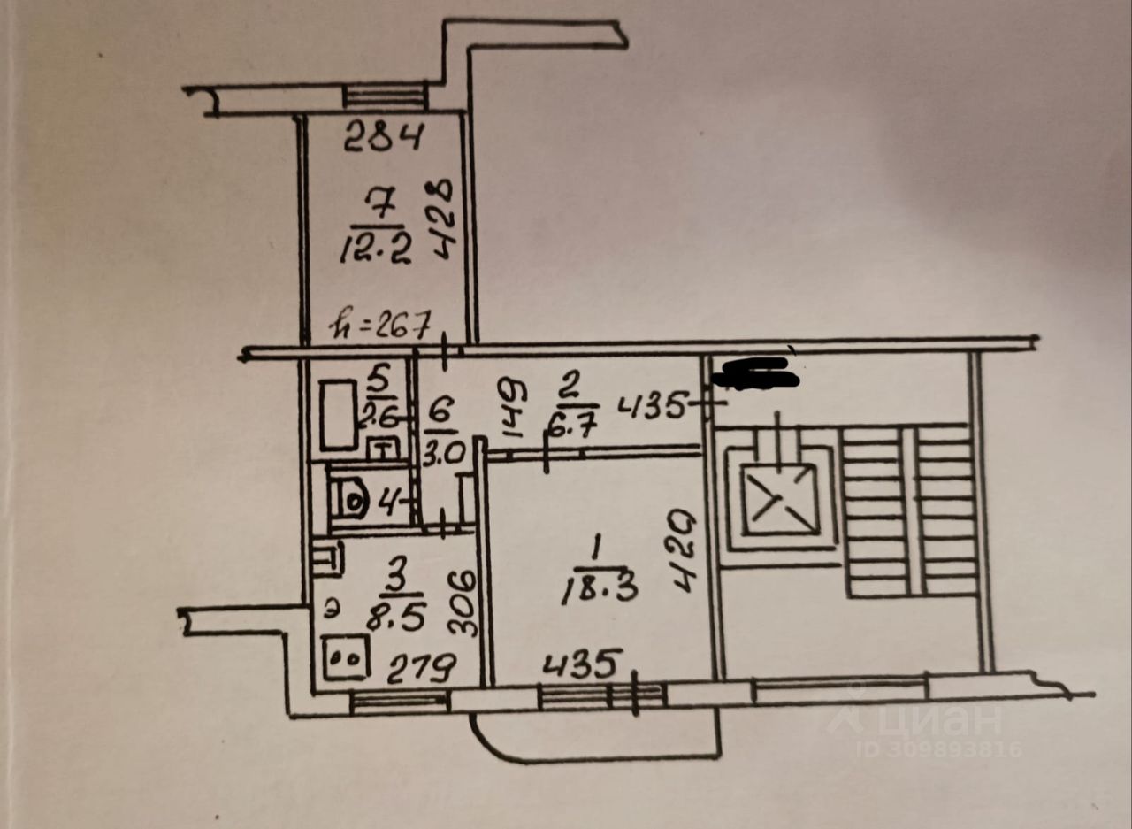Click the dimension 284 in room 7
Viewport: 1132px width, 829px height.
tap(384, 136)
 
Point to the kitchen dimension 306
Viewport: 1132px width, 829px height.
tap(462, 601)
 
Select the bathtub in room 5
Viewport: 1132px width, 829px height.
tap(338, 414)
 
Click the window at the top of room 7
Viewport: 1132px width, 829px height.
tap(385, 96)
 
